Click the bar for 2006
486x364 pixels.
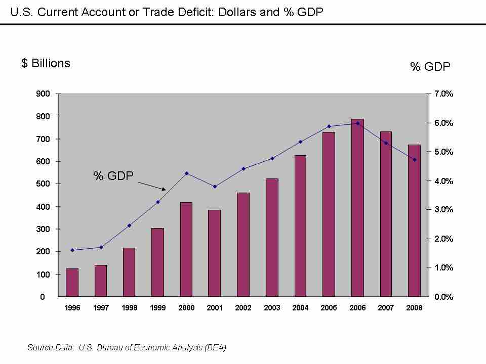click(357, 208)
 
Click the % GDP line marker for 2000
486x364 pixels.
click(186, 173)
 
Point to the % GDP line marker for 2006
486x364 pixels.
click(357, 123)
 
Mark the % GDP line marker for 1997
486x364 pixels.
click(101, 247)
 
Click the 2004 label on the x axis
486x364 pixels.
click(300, 308)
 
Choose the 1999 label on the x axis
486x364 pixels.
click(157, 308)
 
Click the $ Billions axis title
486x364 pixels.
click(46, 63)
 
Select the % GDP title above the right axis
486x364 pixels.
click(430, 67)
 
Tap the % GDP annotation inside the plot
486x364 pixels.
click(113, 175)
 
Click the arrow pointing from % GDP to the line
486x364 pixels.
click(152, 186)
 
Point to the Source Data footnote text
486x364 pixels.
click(127, 347)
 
